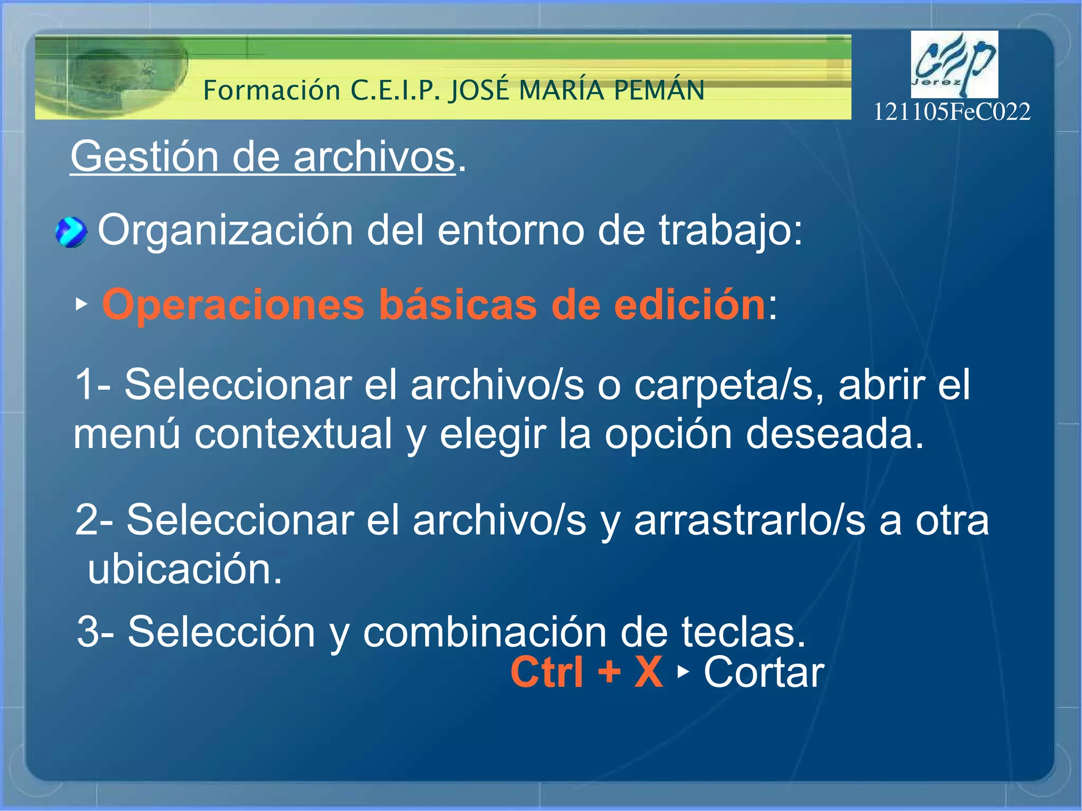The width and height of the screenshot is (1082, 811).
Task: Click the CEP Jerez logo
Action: [x=954, y=64]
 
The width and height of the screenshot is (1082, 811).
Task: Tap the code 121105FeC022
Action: [x=952, y=112]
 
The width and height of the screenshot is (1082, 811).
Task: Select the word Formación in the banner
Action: [x=272, y=90]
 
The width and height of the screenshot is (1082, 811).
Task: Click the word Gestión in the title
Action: [x=144, y=157]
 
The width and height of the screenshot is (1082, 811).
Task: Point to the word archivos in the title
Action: [x=374, y=157]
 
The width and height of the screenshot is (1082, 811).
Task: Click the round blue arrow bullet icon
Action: [x=71, y=232]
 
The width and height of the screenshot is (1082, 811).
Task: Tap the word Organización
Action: [x=226, y=231]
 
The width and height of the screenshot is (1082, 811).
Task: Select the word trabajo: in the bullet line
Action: [x=731, y=231]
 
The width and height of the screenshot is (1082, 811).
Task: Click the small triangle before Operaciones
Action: [x=81, y=304]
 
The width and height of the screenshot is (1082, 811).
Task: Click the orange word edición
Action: [x=689, y=305]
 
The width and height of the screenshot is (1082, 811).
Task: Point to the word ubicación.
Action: [x=185, y=570]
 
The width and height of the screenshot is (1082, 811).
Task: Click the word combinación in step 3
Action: [x=484, y=632]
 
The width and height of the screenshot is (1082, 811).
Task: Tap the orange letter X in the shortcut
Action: [x=648, y=672]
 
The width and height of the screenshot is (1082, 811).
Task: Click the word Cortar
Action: [x=763, y=672]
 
